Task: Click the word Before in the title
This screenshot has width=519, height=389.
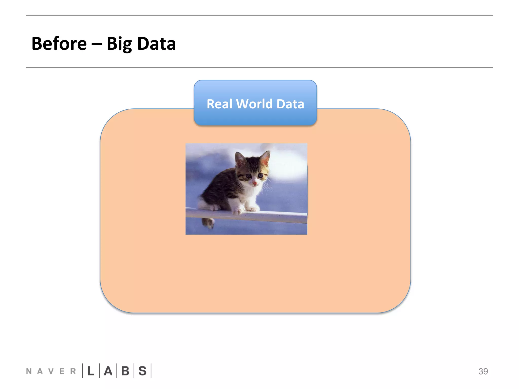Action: click(x=59, y=44)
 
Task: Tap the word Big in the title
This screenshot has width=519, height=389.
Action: click(x=119, y=44)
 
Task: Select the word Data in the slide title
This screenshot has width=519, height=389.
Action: click(x=156, y=44)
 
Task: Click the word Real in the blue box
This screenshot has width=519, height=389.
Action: click(x=219, y=104)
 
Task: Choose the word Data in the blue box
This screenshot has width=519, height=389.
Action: click(x=290, y=104)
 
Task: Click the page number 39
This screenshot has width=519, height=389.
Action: click(x=483, y=371)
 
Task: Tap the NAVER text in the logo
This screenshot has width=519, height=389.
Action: click(x=51, y=371)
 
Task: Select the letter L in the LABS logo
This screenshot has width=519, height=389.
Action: click(x=91, y=371)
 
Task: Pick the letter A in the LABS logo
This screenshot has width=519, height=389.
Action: click(x=108, y=371)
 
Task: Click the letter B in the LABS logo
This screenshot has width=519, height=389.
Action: click(x=125, y=371)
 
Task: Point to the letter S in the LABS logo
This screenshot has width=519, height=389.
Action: click(x=142, y=371)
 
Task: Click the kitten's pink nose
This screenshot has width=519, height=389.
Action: click(x=254, y=183)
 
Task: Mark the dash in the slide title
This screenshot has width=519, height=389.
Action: click(x=97, y=44)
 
